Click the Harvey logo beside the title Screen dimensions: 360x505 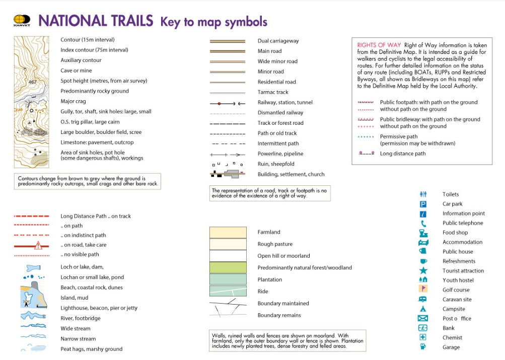[22, 21]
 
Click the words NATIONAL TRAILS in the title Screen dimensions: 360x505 [96, 21]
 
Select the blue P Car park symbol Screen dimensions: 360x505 [423, 204]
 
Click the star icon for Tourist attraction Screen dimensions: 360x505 [423, 271]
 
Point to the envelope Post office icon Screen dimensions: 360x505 [423, 319]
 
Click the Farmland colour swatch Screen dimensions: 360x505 [228, 232]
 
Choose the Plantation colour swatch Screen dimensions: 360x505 [228, 279]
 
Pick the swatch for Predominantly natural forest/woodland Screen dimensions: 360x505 [228, 267]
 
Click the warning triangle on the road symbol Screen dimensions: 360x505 [38, 245]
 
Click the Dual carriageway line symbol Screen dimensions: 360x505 [227, 41]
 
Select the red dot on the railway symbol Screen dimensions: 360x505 [219, 103]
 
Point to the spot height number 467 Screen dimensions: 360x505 [33, 82]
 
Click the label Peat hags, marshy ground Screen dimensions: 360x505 [91, 349]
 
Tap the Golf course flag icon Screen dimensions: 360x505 [423, 290]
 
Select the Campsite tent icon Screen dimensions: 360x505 [423, 309]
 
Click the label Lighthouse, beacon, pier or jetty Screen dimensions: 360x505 [99, 308]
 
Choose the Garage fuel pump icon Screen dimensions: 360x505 [423, 347]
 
